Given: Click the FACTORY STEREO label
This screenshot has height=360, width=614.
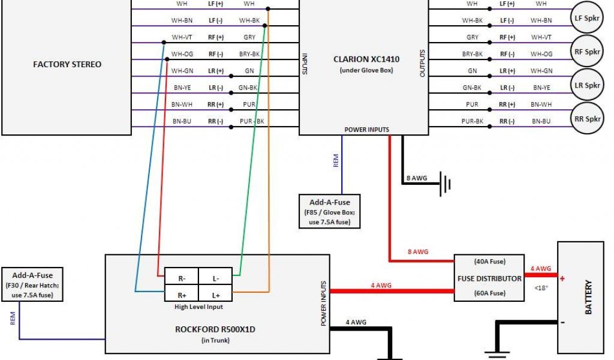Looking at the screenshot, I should [x=67, y=64].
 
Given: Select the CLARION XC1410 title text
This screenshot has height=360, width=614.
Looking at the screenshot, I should [x=366, y=59].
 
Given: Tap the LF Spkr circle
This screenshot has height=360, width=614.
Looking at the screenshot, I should [x=587, y=19].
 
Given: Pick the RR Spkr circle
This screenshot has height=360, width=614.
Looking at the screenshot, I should [x=587, y=119].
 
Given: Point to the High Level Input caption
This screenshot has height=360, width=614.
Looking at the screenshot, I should [x=198, y=307].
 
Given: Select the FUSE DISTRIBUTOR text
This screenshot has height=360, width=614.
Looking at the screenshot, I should [x=489, y=278].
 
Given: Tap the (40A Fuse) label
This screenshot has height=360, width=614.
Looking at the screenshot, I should [x=489, y=262].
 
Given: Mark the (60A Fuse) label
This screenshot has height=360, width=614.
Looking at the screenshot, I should [x=489, y=293].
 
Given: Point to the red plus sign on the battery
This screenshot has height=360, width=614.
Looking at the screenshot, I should [x=562, y=278].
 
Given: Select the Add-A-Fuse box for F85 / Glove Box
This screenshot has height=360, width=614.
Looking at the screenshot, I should [x=330, y=211].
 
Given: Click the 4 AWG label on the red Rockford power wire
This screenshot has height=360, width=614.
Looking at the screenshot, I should [x=381, y=286].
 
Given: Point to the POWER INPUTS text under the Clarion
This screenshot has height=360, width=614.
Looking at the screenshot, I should [x=366, y=130].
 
